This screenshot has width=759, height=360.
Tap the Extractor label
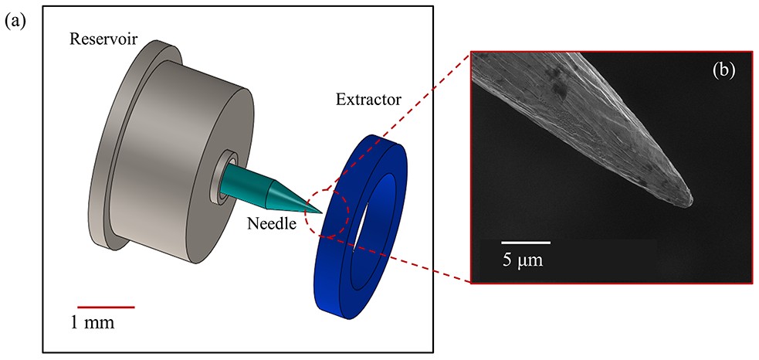point(368,100)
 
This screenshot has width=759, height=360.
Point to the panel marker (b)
point(723,71)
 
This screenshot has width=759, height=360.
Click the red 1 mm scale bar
point(106,307)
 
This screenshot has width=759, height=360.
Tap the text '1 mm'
point(93,323)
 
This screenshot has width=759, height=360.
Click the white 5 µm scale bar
point(526,242)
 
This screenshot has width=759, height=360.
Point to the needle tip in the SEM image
point(691,199)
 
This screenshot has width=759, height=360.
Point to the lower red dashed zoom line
point(398,260)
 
